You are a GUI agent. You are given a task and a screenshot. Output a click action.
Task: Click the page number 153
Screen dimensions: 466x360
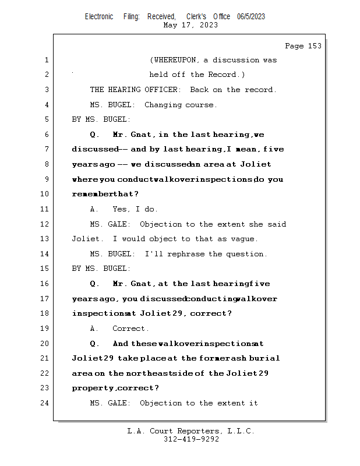pos(312,46)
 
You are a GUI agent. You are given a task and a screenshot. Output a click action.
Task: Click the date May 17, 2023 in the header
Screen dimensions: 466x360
pos(191,25)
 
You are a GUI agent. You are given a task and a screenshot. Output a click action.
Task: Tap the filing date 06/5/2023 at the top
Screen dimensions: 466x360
pos(251,16)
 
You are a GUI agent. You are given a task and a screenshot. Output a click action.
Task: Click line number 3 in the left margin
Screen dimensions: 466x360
pos(46,90)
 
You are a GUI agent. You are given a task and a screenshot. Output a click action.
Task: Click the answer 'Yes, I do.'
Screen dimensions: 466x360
pos(135,209)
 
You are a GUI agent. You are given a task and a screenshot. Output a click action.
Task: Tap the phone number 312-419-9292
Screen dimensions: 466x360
pos(191,439)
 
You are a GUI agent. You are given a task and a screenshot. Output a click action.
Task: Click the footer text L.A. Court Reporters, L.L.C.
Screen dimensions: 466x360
pos(191,431)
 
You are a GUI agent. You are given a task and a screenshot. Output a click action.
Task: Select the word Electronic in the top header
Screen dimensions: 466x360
pos(99,16)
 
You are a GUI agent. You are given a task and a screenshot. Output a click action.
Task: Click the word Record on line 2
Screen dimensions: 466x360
pos(224,75)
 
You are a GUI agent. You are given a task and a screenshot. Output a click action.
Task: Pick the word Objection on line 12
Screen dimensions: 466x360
pos(160,224)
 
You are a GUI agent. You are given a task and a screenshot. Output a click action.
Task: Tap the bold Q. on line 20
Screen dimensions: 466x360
pos(95,344)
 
